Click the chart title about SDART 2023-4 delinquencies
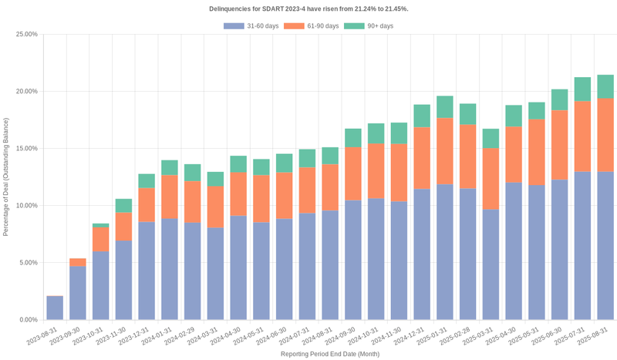308,8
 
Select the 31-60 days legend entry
251,26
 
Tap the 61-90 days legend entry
312,26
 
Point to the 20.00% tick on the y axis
25,92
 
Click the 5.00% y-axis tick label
27,263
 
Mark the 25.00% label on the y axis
25,35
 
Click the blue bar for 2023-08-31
55,308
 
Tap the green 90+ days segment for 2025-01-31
445,107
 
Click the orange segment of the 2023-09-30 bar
78,262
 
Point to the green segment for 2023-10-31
101,225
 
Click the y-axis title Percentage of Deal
7,177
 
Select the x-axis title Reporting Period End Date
329,354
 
